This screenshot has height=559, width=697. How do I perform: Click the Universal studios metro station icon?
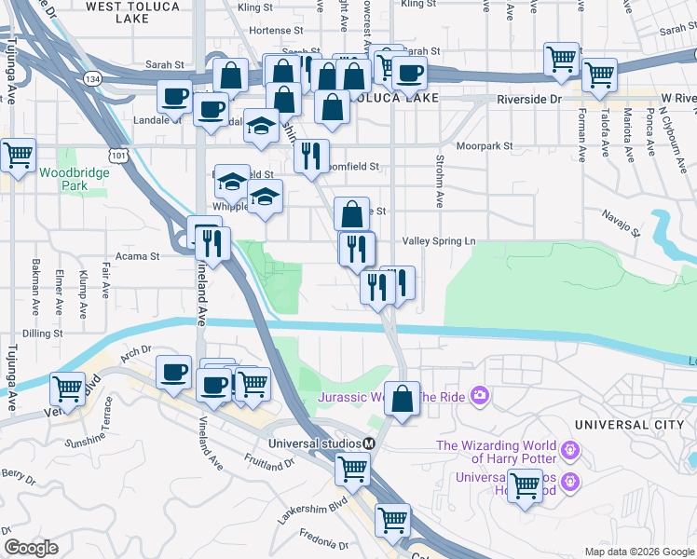tap(369, 443)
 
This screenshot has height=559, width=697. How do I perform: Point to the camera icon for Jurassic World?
tap(480, 397)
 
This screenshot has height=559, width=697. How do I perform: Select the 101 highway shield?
tap(120, 150)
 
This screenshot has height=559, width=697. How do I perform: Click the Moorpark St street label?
tap(485, 146)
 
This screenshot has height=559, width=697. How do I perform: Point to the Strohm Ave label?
tap(438, 181)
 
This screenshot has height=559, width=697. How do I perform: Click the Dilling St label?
tap(44, 333)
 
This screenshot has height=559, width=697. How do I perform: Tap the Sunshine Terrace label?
tap(109, 423)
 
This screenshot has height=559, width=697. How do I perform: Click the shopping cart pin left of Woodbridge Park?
tap(18, 156)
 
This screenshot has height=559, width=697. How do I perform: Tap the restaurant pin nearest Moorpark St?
tap(310, 155)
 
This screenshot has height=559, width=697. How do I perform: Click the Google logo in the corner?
tap(31, 548)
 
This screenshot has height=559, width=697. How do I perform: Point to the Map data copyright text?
tap(637, 552)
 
